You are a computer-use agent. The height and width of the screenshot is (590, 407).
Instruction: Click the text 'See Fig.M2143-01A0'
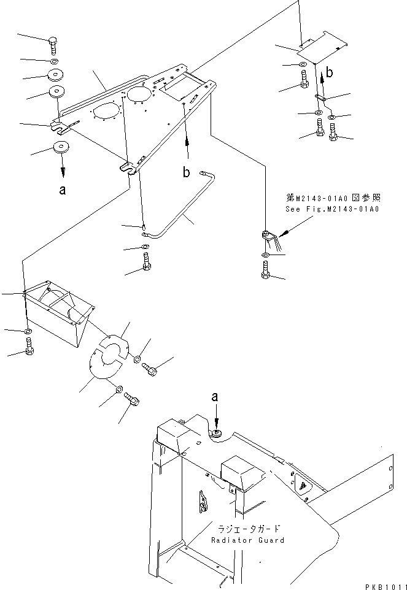(332, 209)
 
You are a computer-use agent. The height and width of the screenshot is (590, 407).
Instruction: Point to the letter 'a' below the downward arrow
(63, 190)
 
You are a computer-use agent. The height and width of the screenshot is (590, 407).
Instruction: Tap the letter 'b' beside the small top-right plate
(330, 72)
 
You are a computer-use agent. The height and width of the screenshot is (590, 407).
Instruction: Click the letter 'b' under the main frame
(186, 172)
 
